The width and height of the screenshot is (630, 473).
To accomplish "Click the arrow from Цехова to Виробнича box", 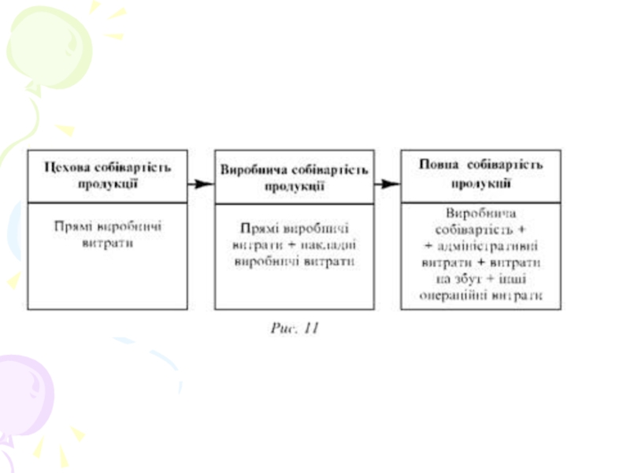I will point(201,184).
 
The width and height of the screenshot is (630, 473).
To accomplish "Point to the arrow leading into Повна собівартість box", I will point(386,184).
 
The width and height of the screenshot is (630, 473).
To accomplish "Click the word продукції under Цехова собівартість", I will point(108,184).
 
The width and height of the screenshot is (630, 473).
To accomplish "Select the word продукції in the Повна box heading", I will point(481,183).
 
